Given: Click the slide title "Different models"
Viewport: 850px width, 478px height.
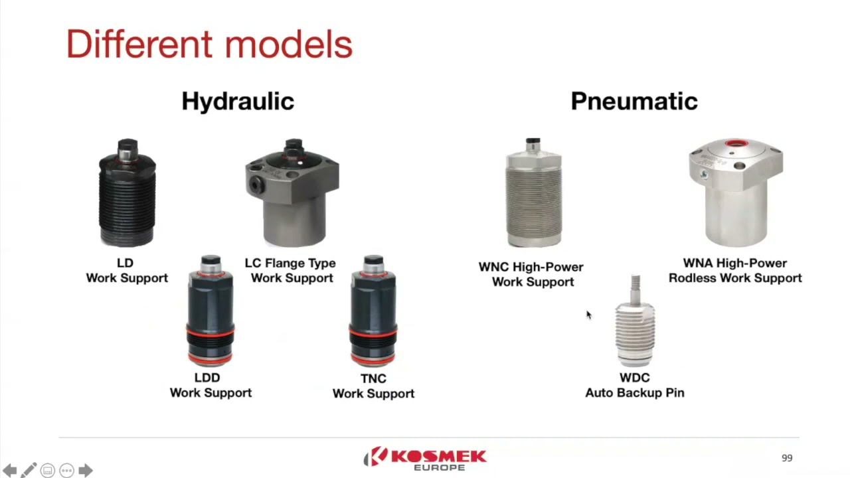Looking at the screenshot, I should (x=209, y=44).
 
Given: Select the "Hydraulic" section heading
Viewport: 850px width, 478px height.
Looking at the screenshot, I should (x=238, y=101).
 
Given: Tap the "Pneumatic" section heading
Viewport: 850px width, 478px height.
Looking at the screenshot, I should (x=634, y=101).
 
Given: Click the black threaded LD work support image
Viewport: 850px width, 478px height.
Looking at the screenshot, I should (x=127, y=193).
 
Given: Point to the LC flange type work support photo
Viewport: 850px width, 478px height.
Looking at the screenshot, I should (x=292, y=193).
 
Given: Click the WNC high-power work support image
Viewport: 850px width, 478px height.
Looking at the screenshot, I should (x=533, y=193).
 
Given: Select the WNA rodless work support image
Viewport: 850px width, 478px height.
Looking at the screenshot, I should (x=736, y=192).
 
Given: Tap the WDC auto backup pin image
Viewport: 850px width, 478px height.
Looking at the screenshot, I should (x=635, y=323).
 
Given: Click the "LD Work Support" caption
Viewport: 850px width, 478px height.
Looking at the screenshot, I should (x=126, y=271).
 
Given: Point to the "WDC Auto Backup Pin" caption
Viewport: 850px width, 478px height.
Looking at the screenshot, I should (x=634, y=385).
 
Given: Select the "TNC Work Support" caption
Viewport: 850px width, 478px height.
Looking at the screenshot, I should (x=373, y=386).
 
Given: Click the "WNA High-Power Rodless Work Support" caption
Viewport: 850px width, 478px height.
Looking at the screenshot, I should (x=735, y=271).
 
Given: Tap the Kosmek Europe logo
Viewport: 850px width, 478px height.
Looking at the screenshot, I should (x=425, y=459).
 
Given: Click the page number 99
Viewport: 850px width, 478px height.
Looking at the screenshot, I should (x=787, y=458).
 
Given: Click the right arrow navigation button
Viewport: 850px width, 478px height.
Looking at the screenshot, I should (x=86, y=471).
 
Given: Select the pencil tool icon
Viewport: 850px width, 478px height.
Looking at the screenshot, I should (x=28, y=471).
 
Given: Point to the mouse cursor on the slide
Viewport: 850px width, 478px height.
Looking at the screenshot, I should (x=588, y=315).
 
